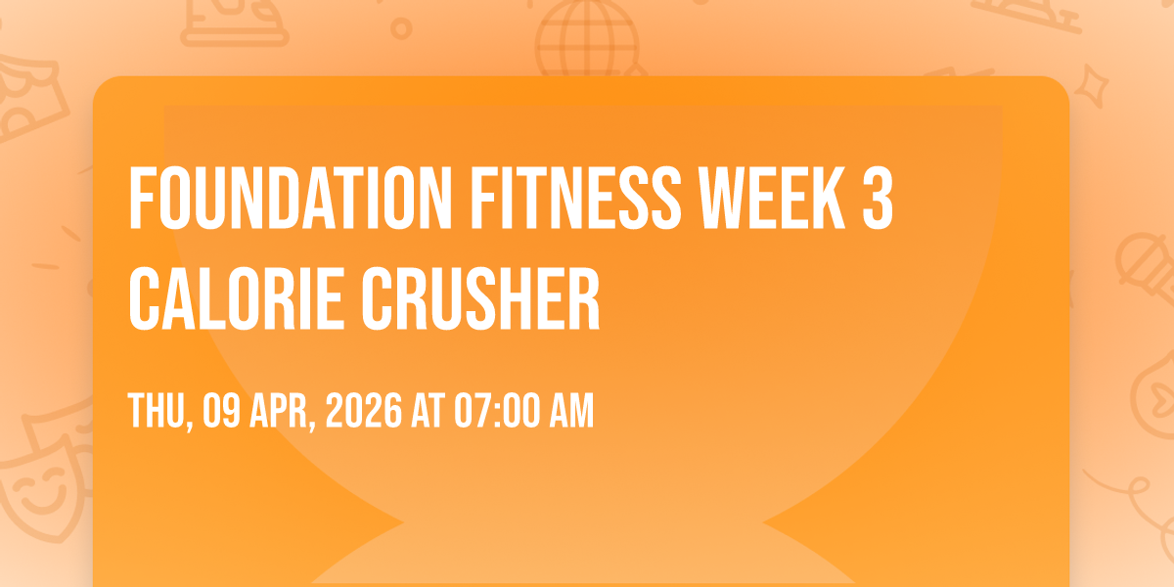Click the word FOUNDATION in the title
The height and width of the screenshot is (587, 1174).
tap(290, 198)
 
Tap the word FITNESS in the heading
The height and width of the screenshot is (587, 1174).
tap(575, 198)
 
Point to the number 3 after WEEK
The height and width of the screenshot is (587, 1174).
tap(878, 198)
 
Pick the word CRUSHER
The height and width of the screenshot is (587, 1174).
tap(480, 298)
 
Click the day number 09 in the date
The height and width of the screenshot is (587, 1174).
tap(222, 411)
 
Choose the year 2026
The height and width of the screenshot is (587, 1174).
tap(364, 411)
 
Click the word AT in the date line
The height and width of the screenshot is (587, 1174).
tap(429, 411)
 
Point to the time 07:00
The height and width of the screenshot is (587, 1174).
tap(496, 411)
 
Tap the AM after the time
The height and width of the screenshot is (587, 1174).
tap(570, 411)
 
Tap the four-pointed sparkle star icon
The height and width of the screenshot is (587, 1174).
tap(1091, 86)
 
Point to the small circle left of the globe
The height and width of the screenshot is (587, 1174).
tap(401, 28)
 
